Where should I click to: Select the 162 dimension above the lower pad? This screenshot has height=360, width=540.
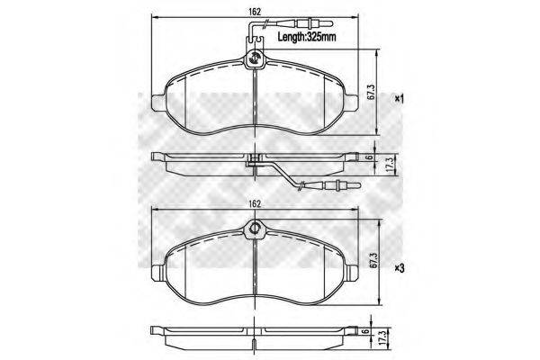point(256,204)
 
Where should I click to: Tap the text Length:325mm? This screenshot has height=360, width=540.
point(305,38)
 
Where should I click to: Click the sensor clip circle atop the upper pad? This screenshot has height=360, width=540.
point(255,60)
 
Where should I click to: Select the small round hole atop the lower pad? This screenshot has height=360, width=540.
point(256,229)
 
